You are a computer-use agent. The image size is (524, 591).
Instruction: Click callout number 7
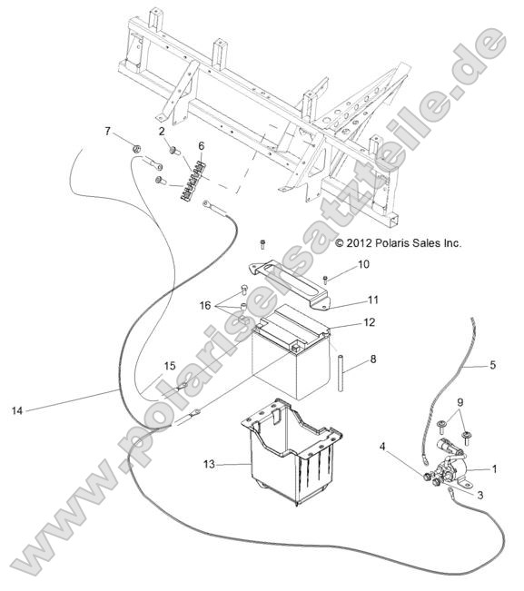pyautogui.click(x=108, y=131)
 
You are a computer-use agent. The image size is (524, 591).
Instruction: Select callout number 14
pyautogui.click(x=17, y=410)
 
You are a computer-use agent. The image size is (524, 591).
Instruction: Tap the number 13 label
pyautogui.click(x=209, y=464)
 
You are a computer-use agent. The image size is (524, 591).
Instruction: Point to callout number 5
pyautogui.click(x=493, y=365)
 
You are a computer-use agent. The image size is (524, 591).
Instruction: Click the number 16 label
pyautogui.click(x=205, y=305)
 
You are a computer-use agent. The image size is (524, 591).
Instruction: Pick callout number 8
pyautogui.click(x=373, y=359)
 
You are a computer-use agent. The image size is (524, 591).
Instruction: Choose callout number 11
pyautogui.click(x=372, y=300)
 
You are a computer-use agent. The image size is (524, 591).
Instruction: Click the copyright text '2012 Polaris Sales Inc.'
pyautogui.click(x=403, y=243)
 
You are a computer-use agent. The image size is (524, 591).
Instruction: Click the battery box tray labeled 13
pyautogui.click(x=291, y=452)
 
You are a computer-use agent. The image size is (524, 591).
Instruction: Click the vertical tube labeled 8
pyautogui.click(x=341, y=372)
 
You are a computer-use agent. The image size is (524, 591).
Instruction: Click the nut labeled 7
pyautogui.click(x=137, y=149)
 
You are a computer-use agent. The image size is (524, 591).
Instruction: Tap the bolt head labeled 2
pyautogui.click(x=174, y=151)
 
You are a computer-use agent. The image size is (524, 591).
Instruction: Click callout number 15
pyautogui.click(x=170, y=366)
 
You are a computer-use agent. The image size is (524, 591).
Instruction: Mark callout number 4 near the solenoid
pyautogui.click(x=382, y=447)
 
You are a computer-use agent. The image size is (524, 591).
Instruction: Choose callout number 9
pyautogui.click(x=460, y=402)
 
